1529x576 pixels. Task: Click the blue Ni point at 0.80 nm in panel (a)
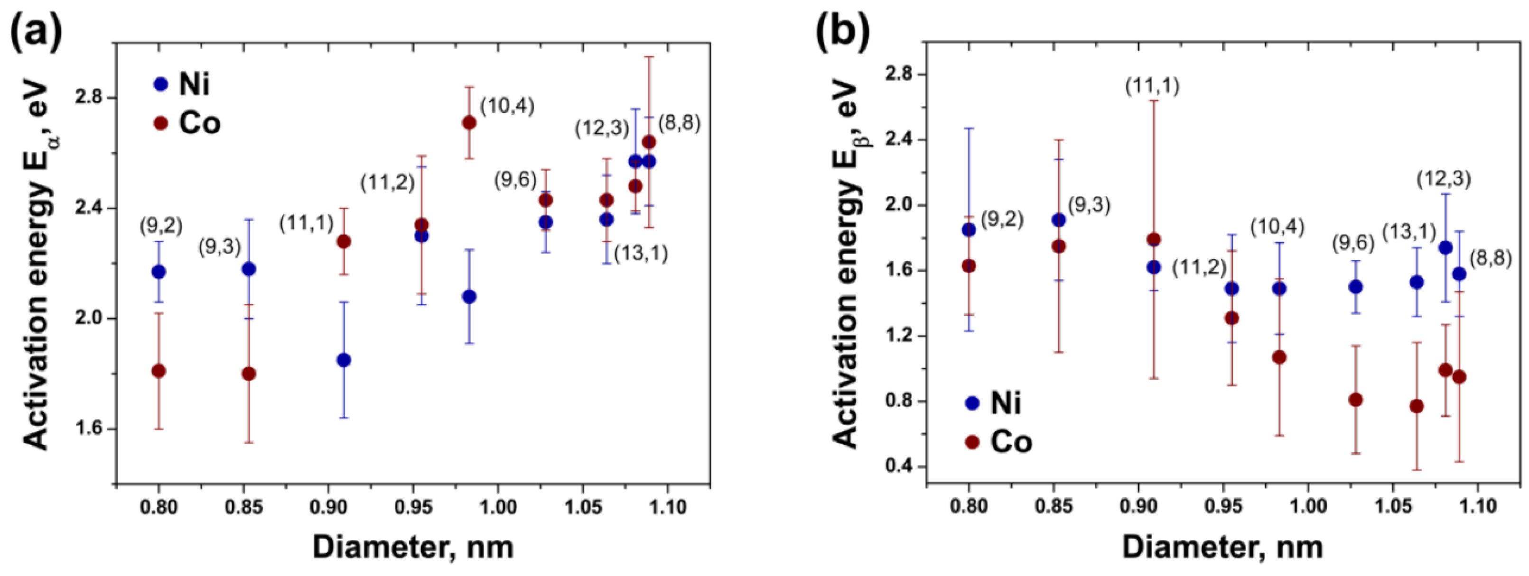tap(159, 272)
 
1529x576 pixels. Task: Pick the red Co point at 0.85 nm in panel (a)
tap(249, 374)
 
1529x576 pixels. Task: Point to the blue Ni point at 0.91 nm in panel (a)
tap(344, 360)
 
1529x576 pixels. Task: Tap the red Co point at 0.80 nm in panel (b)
tap(969, 266)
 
